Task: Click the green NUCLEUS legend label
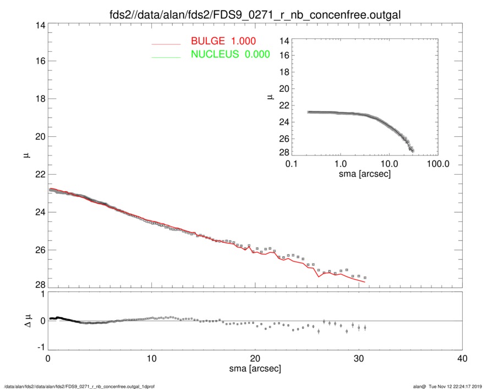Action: (230, 54)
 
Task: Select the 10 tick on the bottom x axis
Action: (151, 359)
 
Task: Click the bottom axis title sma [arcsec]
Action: (255, 369)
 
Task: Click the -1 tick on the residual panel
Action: (39, 348)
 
